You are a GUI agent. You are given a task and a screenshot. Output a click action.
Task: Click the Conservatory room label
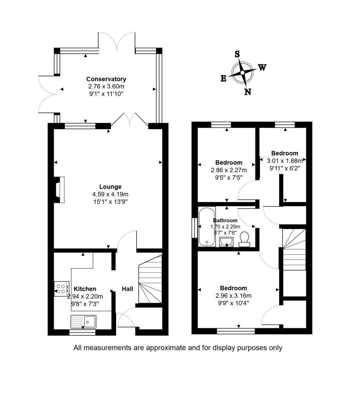(x=106, y=79)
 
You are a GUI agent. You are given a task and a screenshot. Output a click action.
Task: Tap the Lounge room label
(x=110, y=186)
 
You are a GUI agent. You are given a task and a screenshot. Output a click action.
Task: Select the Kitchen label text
(x=85, y=289)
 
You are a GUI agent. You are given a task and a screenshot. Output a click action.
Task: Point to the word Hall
(x=127, y=289)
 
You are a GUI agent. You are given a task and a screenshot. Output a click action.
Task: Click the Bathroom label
(x=225, y=221)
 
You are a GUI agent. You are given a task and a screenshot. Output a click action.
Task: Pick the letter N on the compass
(x=247, y=92)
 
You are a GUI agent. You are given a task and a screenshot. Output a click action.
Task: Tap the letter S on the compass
(x=237, y=54)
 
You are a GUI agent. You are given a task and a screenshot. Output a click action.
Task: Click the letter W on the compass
(x=262, y=68)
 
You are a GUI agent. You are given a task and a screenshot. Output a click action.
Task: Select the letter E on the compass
(x=224, y=79)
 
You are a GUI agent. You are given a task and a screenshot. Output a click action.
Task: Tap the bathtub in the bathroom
(x=207, y=227)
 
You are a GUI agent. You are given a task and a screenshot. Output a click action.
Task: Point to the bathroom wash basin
(x=226, y=242)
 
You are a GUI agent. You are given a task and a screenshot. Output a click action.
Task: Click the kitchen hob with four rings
(x=62, y=289)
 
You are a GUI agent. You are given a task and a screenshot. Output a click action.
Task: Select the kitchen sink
(x=84, y=322)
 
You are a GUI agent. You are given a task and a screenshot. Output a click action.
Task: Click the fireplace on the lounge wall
(x=59, y=190)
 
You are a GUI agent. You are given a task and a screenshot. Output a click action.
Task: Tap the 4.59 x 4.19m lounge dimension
(x=110, y=194)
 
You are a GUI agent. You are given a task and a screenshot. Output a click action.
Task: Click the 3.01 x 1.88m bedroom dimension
(x=285, y=161)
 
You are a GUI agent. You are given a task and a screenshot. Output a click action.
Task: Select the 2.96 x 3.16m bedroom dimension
(x=233, y=296)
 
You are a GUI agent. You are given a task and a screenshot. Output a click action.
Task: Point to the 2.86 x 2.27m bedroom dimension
(x=229, y=170)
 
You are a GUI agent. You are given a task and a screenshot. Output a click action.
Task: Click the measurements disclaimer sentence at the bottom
(x=178, y=348)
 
